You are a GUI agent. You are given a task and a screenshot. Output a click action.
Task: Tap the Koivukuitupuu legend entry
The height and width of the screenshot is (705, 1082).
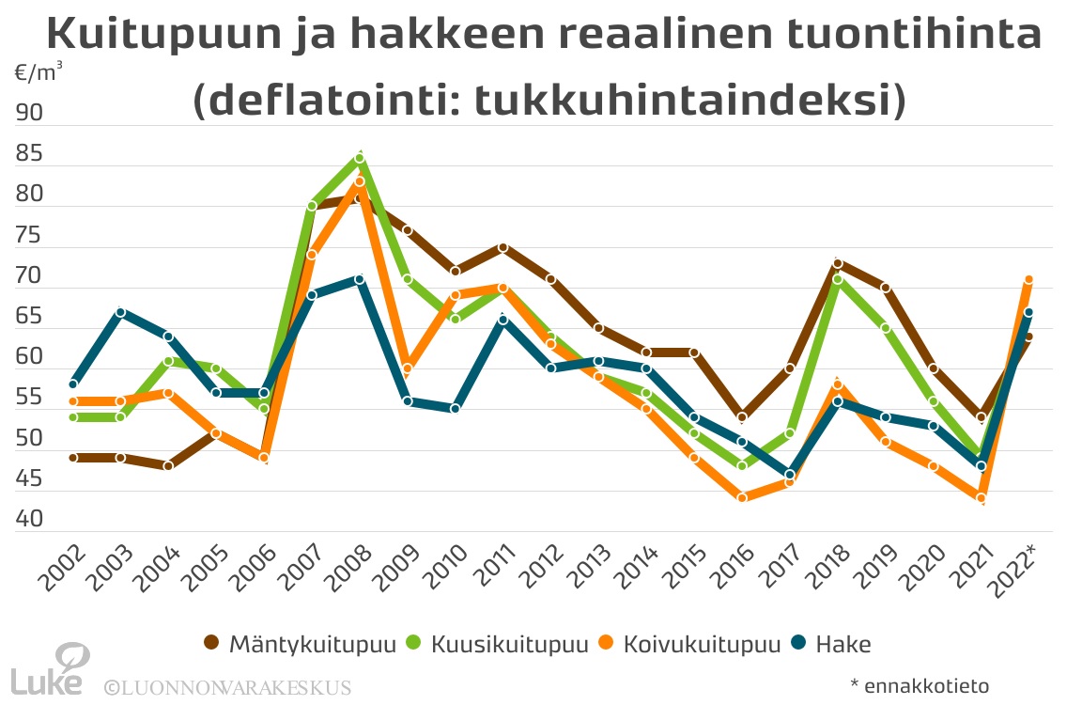(700, 644)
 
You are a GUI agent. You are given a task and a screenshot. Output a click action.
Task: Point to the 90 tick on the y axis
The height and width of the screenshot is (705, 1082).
(29, 113)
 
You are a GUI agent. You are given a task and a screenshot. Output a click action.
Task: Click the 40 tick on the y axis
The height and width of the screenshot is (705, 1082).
(29, 519)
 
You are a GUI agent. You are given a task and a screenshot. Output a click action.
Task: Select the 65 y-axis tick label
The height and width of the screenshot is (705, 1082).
(29, 316)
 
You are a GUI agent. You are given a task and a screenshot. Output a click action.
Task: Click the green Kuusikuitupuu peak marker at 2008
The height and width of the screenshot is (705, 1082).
(360, 158)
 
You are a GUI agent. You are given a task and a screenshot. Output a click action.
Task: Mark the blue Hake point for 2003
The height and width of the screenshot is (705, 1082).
(121, 312)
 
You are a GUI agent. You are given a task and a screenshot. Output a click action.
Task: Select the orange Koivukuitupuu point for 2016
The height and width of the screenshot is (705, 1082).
(742, 498)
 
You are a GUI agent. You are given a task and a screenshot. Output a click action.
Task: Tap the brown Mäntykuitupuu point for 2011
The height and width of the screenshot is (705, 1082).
(503, 247)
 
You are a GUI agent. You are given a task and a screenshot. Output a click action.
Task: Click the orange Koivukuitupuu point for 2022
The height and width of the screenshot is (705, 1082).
(1028, 279)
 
